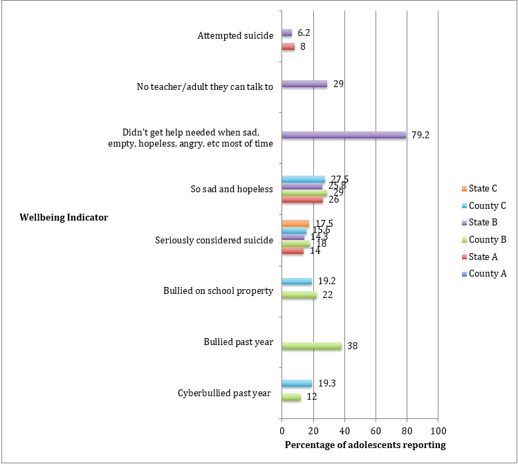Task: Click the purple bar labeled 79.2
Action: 344,135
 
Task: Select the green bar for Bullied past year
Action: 311,346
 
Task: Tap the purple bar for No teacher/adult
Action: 304,84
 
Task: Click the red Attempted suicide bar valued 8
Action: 288,47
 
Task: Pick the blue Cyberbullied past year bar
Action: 297,384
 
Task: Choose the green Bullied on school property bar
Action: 299,295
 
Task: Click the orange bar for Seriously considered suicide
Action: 295,223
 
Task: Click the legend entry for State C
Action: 473,187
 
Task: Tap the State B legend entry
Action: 473,222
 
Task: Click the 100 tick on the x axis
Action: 438,429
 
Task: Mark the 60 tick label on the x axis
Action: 376,429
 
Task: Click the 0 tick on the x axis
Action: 281,429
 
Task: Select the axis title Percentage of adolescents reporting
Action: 365,444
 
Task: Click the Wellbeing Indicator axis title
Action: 63,218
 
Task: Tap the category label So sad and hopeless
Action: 232,189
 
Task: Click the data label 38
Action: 352,346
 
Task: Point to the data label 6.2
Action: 304,33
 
